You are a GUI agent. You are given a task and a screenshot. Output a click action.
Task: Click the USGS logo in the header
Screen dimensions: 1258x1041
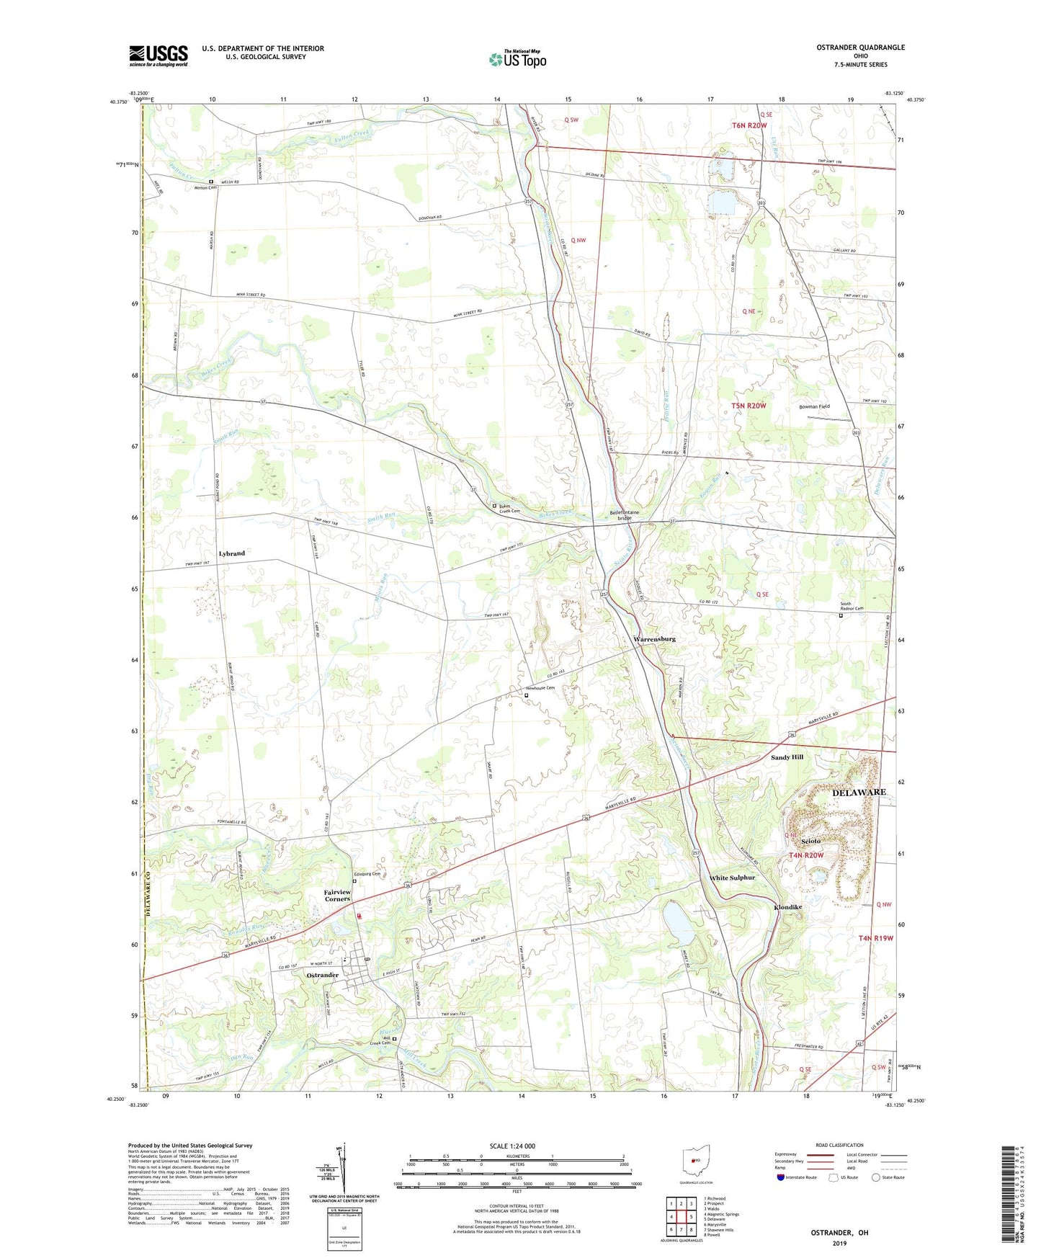(x=158, y=55)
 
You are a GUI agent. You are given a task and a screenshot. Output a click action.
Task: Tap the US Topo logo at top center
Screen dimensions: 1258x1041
(x=517, y=59)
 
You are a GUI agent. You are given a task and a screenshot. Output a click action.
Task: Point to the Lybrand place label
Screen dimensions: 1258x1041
(x=231, y=553)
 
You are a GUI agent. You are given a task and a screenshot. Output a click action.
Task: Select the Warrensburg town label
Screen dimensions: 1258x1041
(x=654, y=639)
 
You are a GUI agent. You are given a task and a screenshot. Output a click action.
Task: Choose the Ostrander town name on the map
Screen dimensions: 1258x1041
(x=322, y=975)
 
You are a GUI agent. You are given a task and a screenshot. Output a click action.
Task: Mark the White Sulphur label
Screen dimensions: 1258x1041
(x=732, y=878)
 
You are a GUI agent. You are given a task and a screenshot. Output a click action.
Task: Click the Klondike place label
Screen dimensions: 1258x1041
(x=787, y=907)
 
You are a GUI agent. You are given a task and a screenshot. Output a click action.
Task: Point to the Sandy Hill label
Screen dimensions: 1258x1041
(x=787, y=757)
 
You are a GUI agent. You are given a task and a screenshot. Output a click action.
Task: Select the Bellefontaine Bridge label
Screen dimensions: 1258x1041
(x=620, y=515)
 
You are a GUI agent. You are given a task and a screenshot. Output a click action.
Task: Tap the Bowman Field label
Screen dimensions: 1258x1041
(x=814, y=406)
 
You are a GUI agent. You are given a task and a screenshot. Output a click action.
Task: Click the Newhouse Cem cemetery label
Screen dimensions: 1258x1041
(x=540, y=688)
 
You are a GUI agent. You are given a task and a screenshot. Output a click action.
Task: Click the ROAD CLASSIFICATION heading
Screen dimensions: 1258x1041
(x=839, y=1145)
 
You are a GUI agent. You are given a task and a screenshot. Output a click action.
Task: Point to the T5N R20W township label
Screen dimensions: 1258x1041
(x=749, y=406)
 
